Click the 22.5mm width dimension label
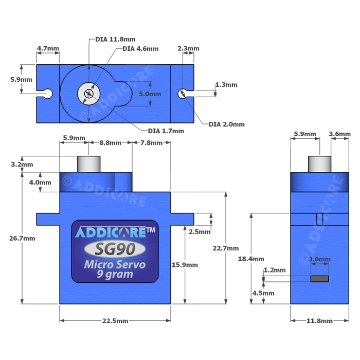pyautogui.click(x=115, y=321)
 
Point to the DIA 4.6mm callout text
pyautogui.click(x=140, y=49)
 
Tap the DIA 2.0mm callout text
pyautogui.click(x=227, y=124)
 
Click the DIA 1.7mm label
pyautogui.click(x=166, y=131)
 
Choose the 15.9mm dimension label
pyautogui.click(x=185, y=265)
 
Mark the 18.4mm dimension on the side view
pyautogui.click(x=251, y=259)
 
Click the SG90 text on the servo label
pyautogui.click(x=115, y=249)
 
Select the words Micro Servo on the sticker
pyautogui.click(x=115, y=265)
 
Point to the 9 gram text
pyautogui.click(x=115, y=274)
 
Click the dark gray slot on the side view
pyautogui.click(x=319, y=279)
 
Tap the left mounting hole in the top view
pyautogui.click(x=48, y=93)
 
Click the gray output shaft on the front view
pyautogui.click(x=87, y=165)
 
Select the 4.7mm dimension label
pyautogui.click(x=48, y=49)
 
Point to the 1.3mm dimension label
pyautogui.click(x=226, y=85)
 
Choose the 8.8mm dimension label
pyautogui.click(x=111, y=142)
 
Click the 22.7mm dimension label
pyautogui.click(x=226, y=248)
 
